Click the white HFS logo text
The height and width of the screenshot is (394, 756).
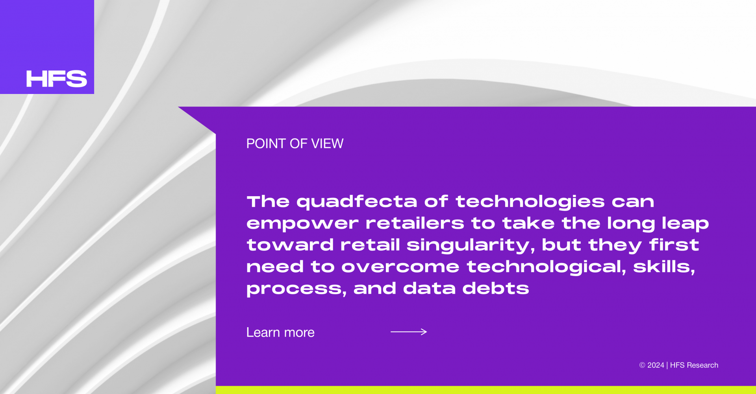pyautogui.click(x=57, y=79)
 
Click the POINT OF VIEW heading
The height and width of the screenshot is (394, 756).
pyautogui.click(x=295, y=144)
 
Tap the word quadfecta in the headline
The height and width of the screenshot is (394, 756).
pyautogui.click(x=357, y=202)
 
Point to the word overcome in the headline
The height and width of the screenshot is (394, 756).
pyautogui.click(x=400, y=267)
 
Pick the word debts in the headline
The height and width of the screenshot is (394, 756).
pyautogui.click(x=496, y=288)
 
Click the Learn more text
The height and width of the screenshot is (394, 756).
pyautogui.click(x=280, y=333)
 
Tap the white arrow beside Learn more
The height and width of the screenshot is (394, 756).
pyautogui.click(x=409, y=332)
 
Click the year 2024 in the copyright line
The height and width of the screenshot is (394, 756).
pyautogui.click(x=656, y=365)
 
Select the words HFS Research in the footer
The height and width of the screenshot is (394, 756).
pyautogui.click(x=694, y=365)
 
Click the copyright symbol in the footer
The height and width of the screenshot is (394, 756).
pyautogui.click(x=642, y=365)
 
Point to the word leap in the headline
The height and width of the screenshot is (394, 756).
pyautogui.click(x=685, y=224)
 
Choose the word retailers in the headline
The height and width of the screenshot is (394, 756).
pyautogui.click(x=415, y=223)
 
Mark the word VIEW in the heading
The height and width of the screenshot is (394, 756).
pyautogui.click(x=327, y=144)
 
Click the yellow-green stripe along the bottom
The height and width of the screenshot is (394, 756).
pyautogui.click(x=486, y=390)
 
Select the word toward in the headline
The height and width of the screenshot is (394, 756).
pyautogui.click(x=290, y=245)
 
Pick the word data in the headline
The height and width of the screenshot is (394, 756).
pyautogui.click(x=429, y=288)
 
